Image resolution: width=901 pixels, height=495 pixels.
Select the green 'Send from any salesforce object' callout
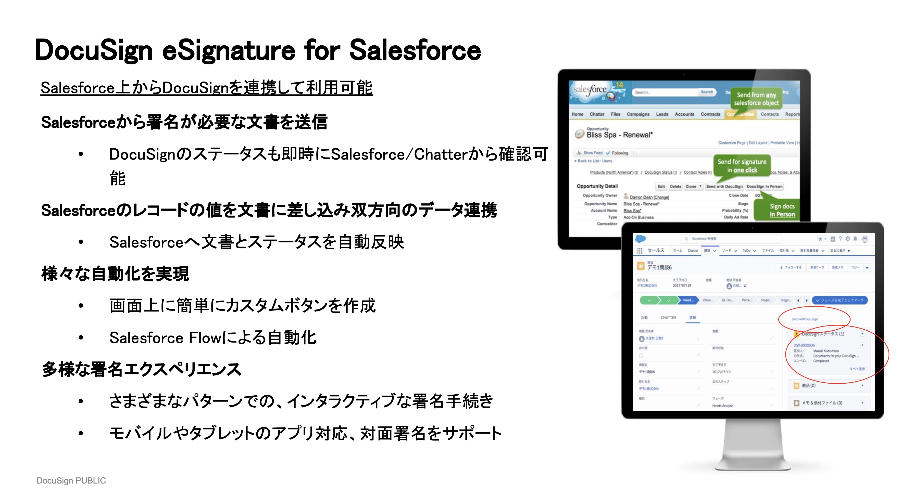(756, 99)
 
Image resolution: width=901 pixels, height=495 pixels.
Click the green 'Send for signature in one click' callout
(742, 166)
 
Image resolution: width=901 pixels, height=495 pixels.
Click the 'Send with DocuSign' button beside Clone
(724, 186)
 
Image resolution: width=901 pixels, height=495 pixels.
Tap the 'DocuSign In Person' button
(764, 186)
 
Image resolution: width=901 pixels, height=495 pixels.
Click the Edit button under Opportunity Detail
(661, 186)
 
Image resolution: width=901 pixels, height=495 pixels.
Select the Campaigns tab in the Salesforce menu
(638, 114)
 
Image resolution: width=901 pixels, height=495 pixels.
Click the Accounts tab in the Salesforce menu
(684, 114)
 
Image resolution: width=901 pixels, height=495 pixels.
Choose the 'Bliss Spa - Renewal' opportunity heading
(619, 135)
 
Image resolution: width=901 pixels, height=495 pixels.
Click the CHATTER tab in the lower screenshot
(668, 317)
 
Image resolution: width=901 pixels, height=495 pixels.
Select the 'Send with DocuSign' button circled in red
(805, 319)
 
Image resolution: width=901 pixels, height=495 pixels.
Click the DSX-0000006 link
(804, 345)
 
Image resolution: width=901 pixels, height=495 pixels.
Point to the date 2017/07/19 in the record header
(682, 285)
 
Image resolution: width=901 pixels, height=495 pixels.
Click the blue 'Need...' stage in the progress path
(688, 300)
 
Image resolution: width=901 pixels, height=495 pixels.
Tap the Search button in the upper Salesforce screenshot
(707, 92)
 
